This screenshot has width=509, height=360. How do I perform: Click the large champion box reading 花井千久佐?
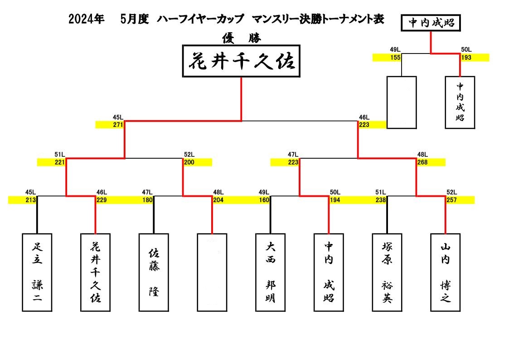(241, 61)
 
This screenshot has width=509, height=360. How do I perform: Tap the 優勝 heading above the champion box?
(242, 38)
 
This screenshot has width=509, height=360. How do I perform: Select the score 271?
(118, 125)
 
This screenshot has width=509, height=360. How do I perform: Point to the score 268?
(422, 162)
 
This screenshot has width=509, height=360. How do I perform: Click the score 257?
(451, 200)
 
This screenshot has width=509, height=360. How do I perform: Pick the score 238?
(381, 200)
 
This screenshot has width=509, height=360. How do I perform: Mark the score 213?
(30, 200)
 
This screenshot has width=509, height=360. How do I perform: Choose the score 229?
(102, 200)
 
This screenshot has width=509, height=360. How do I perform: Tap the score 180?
(147, 200)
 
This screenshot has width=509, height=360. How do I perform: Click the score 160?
(264, 200)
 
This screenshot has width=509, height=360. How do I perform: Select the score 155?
(395, 58)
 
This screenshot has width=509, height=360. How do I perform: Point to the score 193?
(466, 58)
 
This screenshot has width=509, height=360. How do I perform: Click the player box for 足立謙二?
(37, 272)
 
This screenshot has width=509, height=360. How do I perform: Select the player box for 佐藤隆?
(154, 272)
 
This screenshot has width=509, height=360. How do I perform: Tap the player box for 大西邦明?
(271, 272)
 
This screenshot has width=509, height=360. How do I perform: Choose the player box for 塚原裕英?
(387, 272)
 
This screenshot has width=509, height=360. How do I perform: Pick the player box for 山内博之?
(446, 272)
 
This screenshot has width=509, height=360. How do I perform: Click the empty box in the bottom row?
(212, 272)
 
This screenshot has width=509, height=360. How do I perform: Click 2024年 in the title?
(87, 19)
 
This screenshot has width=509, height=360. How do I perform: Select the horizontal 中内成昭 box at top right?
(431, 23)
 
